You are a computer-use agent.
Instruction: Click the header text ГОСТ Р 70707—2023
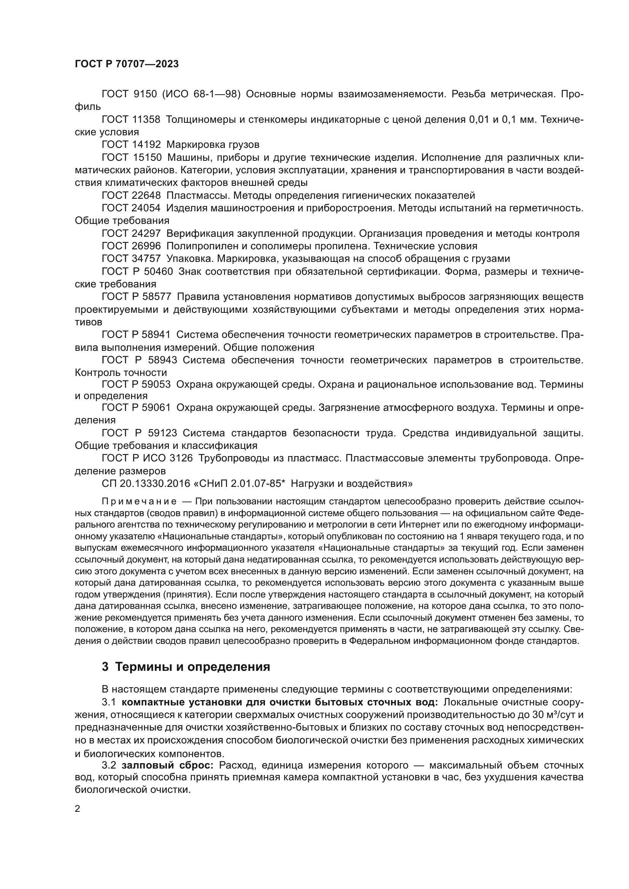click(x=127, y=64)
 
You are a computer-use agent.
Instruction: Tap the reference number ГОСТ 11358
click(x=131, y=120)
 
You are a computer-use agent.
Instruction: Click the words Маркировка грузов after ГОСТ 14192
click(x=213, y=145)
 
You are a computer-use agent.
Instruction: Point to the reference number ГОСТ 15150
click(x=131, y=158)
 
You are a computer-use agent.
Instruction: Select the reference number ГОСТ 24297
click(x=131, y=233)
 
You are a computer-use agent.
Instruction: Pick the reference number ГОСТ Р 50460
click(x=137, y=271)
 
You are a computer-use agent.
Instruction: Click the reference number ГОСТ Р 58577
click(x=137, y=297)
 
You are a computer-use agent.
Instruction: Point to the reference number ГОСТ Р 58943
click(x=139, y=360)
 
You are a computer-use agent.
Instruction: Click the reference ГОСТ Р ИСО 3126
click(x=147, y=458)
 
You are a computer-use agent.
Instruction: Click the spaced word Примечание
click(x=139, y=502)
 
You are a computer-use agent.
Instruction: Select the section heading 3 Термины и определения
click(x=186, y=667)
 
